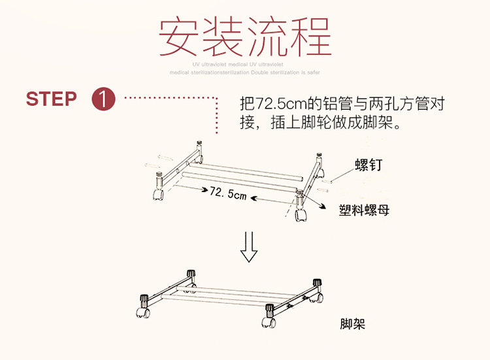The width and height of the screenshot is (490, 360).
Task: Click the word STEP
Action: click(x=51, y=99)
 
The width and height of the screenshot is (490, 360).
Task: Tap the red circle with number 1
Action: click(x=105, y=100)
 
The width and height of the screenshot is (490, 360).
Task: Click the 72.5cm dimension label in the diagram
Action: click(x=228, y=193)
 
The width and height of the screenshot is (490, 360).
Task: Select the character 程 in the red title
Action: click(x=310, y=37)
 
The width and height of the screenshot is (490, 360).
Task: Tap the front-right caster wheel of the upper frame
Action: click(x=301, y=215)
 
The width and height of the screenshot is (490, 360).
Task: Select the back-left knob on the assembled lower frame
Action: click(x=191, y=274)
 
